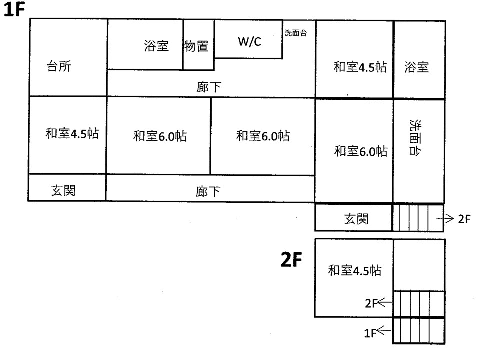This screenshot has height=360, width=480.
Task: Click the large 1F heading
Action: coord(14,9)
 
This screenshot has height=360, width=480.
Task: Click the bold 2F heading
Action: coord(291,259)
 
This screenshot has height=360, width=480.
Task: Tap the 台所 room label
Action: coord(59,66)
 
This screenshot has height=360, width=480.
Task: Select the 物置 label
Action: coord(196,46)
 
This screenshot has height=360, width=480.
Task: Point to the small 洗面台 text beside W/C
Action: coord(295,33)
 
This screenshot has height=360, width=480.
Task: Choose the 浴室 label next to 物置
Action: coord(156,46)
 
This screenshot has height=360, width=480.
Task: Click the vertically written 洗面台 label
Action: coord(415,138)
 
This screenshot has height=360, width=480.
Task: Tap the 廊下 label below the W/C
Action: coord(209,87)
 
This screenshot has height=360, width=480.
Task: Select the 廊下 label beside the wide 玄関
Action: coord(208,192)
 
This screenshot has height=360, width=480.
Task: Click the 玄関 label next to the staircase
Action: coord(356,219)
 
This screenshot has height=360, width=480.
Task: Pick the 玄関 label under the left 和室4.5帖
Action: coord(63,190)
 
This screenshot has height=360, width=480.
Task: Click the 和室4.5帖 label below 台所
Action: coord(72,134)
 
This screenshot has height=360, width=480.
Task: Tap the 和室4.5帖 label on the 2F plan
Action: coord(355,270)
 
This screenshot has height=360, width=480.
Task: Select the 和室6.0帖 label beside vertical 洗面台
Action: coord(361,151)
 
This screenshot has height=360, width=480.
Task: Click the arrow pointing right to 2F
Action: coord(445,218)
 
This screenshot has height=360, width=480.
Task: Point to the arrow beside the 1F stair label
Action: coord(384,330)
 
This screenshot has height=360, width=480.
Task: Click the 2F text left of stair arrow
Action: coord(371,303)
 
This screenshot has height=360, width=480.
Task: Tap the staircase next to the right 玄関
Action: coord(418,218)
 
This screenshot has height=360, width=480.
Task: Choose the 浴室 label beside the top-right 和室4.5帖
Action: coord(416,67)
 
